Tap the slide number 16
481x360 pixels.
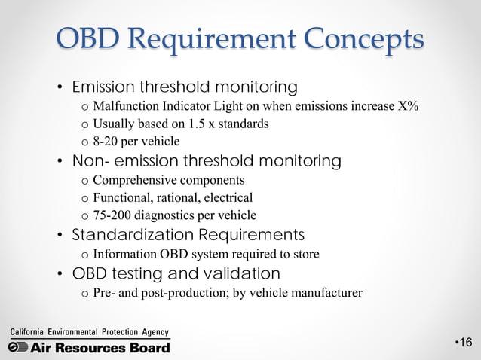[x=464, y=343]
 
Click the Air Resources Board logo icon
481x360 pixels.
[x=18, y=347]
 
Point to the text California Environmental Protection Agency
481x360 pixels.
[x=89, y=332]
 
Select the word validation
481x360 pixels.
[x=241, y=273]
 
